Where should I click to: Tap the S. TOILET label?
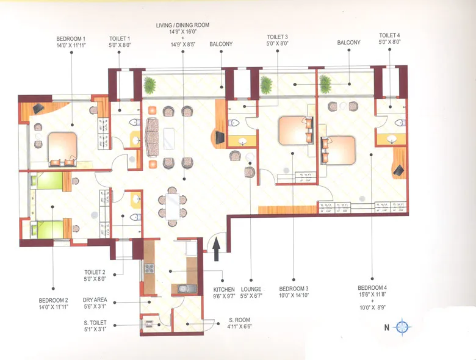96,325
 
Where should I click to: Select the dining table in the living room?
172,205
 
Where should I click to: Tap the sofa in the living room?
153,137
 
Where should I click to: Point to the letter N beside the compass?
386,328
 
